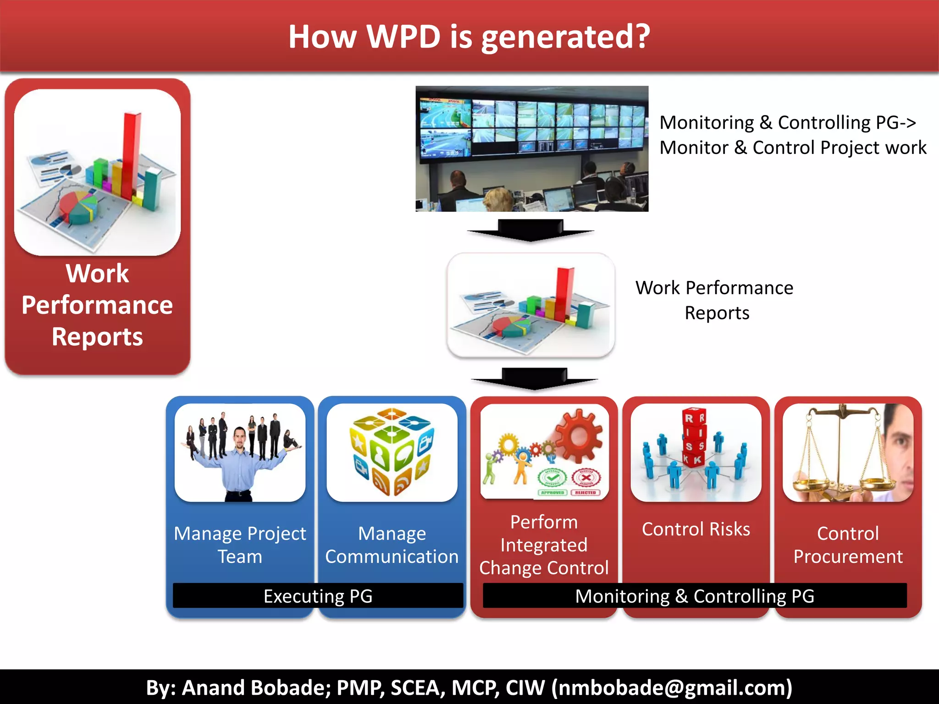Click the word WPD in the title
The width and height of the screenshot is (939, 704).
tap(403, 37)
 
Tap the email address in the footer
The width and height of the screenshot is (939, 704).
tap(672, 687)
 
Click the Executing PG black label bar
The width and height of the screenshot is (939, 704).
tap(318, 596)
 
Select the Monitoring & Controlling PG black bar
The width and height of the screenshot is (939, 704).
tap(695, 596)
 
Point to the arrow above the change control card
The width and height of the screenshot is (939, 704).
tap(535, 379)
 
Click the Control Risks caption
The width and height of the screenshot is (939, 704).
tap(696, 529)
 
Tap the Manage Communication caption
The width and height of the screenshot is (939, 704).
tap(392, 545)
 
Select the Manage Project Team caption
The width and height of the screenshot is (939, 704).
tap(240, 545)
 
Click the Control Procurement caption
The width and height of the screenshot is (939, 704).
tap(848, 545)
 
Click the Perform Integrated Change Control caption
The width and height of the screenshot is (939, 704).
tap(544, 545)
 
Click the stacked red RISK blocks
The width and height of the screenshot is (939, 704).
tap(694, 438)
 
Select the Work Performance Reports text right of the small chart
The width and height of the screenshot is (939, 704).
tap(714, 300)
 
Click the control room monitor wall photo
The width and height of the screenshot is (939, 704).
tap(532, 148)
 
